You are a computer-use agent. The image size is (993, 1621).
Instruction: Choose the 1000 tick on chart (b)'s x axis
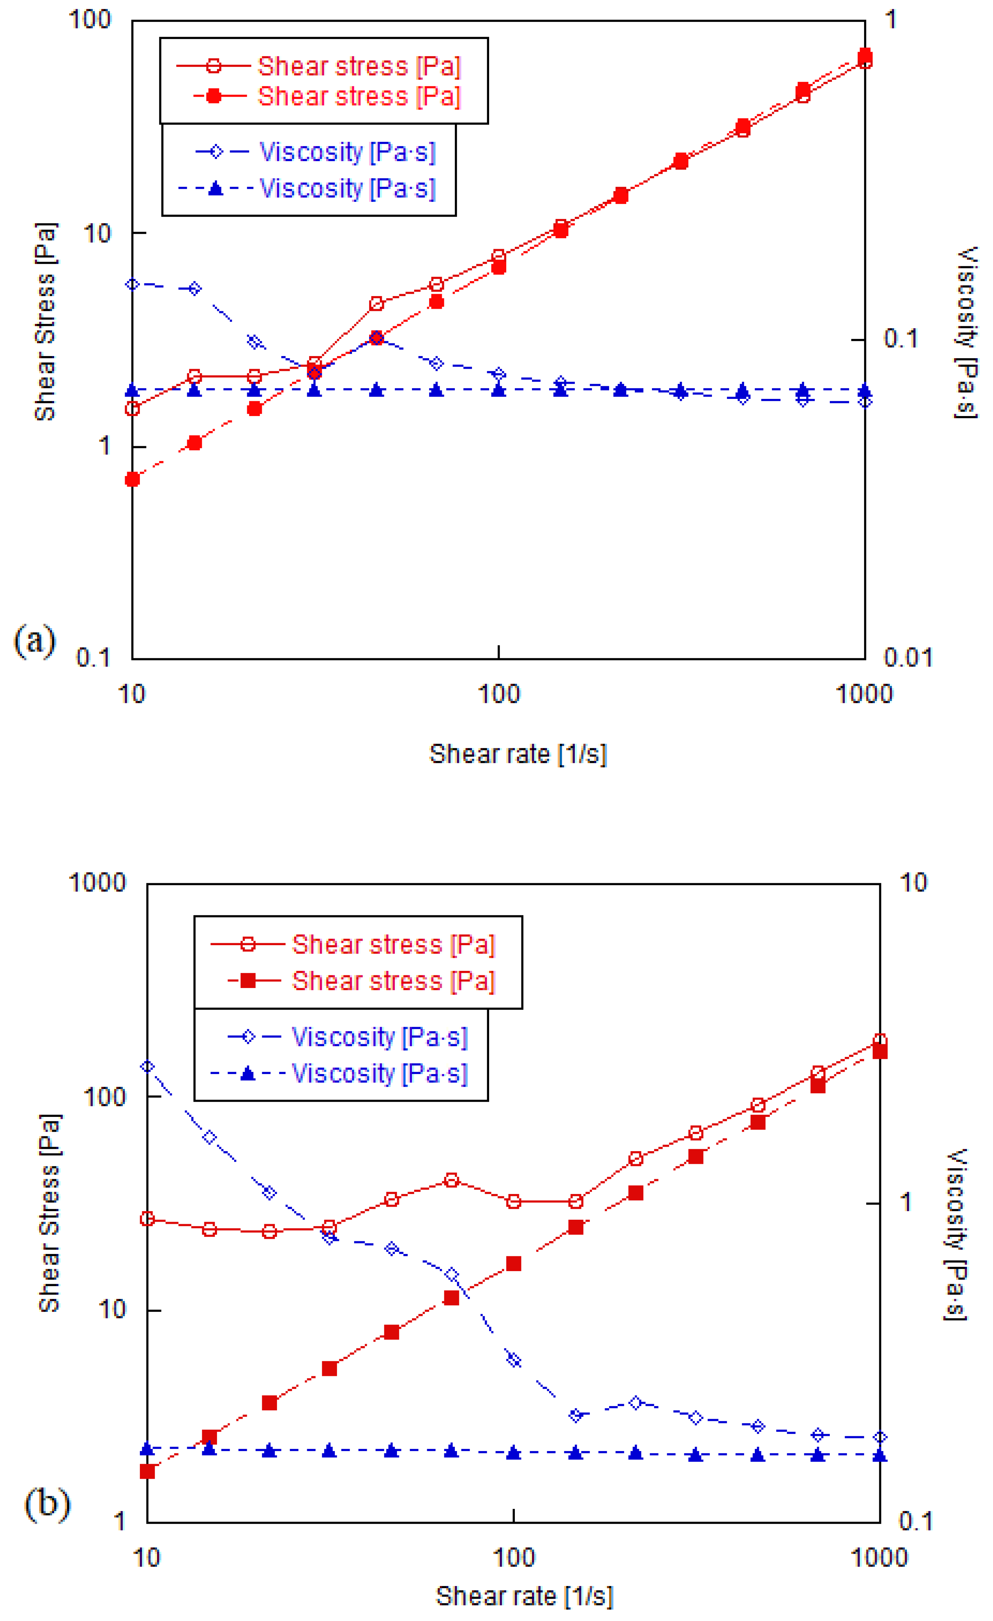pos(879,1558)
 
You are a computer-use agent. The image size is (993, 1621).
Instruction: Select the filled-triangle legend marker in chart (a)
pos(215,189)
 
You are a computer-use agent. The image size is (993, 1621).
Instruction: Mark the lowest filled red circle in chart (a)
pos(132,479)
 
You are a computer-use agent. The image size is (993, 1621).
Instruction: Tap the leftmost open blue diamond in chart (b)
pos(148,1067)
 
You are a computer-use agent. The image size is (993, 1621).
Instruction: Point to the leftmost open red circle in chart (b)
pos(148,1219)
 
